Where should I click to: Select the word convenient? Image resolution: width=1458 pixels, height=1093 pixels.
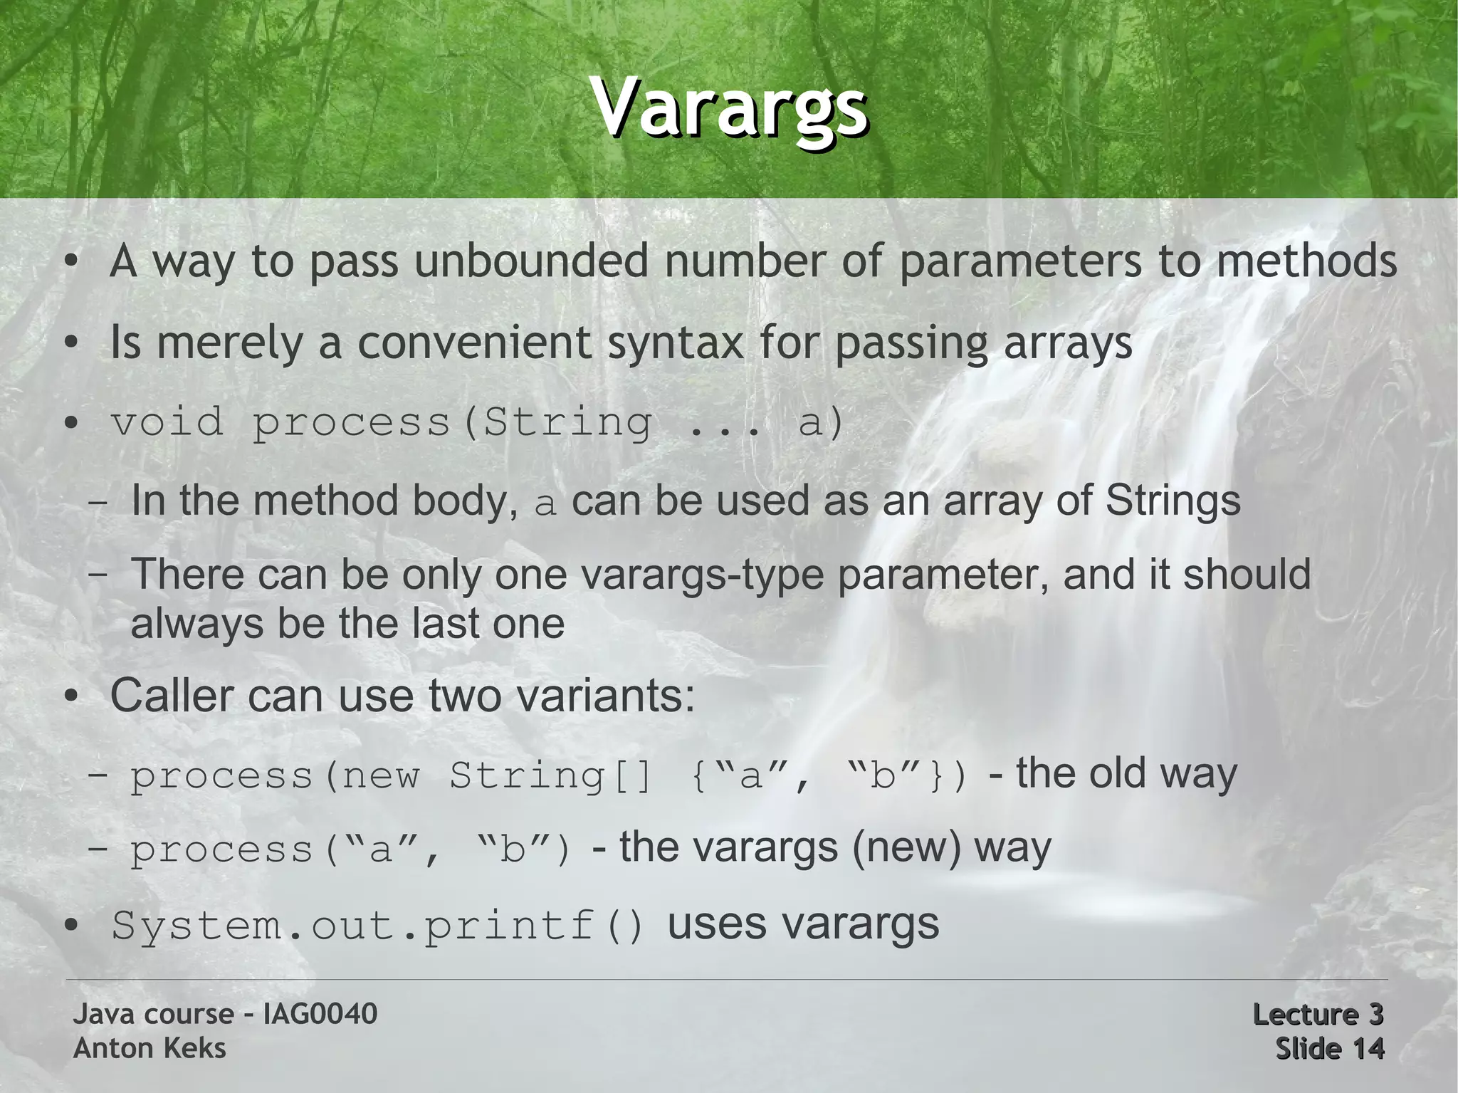[474, 342]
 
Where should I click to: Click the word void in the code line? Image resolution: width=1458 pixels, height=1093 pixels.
[167, 422]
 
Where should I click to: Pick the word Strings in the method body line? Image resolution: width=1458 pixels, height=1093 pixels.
[1173, 501]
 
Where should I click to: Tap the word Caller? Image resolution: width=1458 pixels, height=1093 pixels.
[171, 695]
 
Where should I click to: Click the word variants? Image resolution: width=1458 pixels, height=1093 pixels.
[605, 695]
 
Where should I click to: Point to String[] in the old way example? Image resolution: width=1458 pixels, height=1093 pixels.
[550, 775]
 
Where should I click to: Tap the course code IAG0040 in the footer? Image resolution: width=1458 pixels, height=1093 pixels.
[320, 1014]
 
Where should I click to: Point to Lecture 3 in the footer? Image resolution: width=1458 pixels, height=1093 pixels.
[1317, 1014]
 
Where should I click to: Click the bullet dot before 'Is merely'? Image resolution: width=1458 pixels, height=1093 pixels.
[70, 344]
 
